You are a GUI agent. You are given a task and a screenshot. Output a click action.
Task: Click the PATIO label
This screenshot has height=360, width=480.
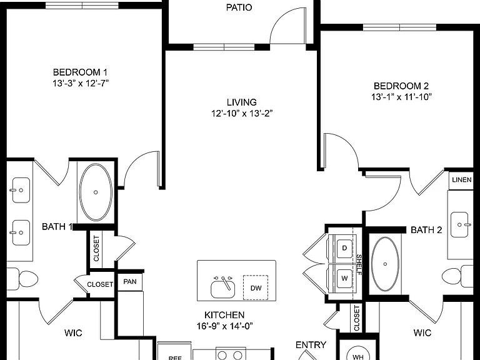click(x=239, y=7)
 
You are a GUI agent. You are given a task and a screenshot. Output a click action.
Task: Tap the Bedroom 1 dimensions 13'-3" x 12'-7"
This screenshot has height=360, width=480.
click(x=81, y=83)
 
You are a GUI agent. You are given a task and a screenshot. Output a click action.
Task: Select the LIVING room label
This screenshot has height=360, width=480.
click(x=241, y=102)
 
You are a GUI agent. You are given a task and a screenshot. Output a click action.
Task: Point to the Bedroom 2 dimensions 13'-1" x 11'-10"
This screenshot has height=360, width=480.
click(x=401, y=97)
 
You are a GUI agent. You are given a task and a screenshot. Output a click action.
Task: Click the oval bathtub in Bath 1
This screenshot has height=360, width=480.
click(x=96, y=192)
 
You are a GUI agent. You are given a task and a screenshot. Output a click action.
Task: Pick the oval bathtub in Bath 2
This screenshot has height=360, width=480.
click(x=385, y=264)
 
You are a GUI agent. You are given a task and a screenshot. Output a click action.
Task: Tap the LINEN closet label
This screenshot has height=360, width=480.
click(x=462, y=180)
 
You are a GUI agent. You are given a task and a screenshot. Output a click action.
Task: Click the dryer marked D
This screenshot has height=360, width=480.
click(x=344, y=248)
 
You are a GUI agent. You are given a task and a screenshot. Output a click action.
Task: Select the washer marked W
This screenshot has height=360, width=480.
click(x=344, y=278)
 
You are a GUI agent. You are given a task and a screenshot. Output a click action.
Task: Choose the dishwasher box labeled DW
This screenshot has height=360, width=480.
click(x=256, y=287)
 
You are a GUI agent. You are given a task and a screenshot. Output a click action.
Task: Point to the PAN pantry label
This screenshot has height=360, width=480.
click(x=130, y=281)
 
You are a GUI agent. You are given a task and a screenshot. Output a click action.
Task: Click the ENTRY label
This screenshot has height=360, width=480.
click(x=311, y=345)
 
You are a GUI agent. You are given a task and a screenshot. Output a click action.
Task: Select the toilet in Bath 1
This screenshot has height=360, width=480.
click(x=22, y=279)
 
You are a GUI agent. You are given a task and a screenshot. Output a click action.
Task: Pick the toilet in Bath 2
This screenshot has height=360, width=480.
click(x=457, y=276)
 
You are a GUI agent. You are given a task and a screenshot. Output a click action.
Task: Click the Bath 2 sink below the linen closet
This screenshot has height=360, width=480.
click(x=459, y=225)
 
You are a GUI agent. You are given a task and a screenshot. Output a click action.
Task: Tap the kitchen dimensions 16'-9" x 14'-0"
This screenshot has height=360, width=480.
click(x=225, y=326)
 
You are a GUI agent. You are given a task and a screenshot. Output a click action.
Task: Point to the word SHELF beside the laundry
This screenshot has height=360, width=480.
click(x=359, y=264)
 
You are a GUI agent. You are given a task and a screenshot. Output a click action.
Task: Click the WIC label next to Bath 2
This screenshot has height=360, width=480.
click(x=422, y=332)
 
